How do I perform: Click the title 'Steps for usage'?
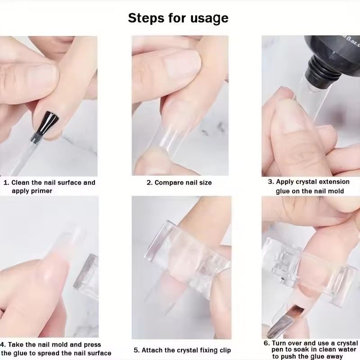pyautogui.click(x=178, y=18)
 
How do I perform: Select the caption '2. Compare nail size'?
pyautogui.click(x=179, y=183)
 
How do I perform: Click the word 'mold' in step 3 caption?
pyautogui.click(x=335, y=191)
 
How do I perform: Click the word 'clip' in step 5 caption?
pyautogui.click(x=223, y=350)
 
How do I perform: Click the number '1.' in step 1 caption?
pyautogui.click(x=6, y=182)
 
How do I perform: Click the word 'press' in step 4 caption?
pyautogui.click(x=92, y=345)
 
